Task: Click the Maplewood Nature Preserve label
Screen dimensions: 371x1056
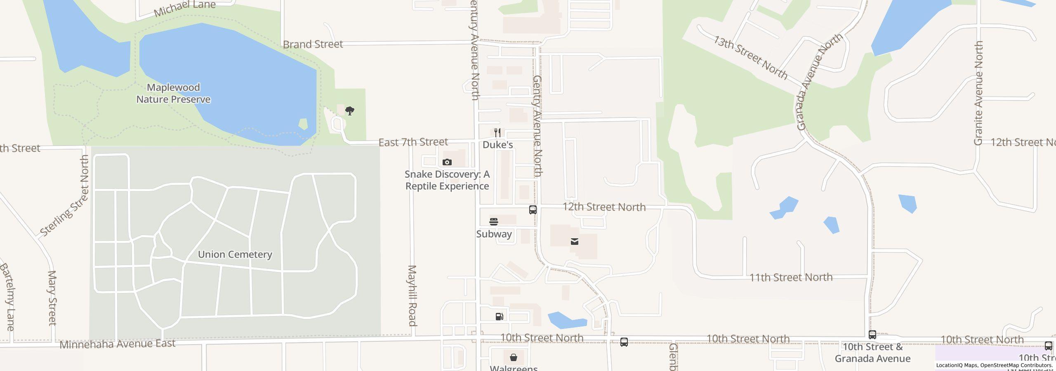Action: (173, 94)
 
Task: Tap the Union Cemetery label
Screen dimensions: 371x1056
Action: (235, 254)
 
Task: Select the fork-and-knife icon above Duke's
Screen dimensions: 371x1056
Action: (497, 133)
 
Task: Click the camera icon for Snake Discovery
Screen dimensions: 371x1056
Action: (447, 162)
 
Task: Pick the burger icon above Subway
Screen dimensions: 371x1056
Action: (493, 222)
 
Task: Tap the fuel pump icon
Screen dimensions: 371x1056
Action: (499, 317)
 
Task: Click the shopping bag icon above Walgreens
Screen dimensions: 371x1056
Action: (513, 357)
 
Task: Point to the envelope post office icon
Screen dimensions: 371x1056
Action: (574, 242)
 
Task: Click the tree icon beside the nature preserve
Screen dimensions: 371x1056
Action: (350, 111)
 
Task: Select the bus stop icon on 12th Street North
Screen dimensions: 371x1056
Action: (533, 210)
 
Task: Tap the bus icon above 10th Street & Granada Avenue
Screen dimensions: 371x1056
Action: (872, 335)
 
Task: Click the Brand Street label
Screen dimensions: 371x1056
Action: (313, 44)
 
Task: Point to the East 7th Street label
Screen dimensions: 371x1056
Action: (413, 142)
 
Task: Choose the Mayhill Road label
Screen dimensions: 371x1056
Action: (412, 296)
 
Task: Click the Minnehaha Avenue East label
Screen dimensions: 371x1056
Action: (118, 344)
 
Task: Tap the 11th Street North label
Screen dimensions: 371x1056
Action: (791, 277)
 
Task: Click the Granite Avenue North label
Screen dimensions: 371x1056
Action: (978, 93)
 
